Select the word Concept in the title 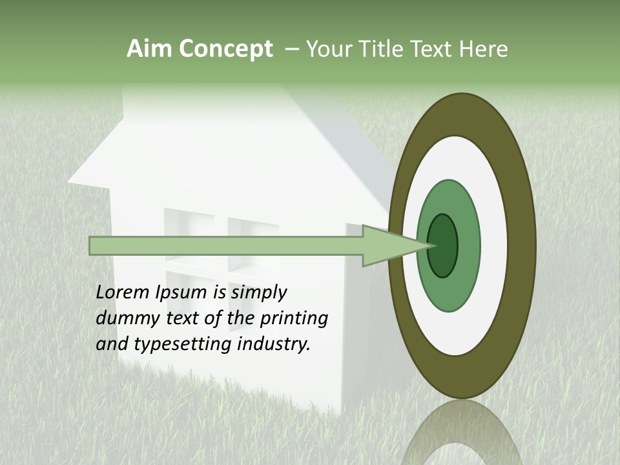(225, 49)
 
